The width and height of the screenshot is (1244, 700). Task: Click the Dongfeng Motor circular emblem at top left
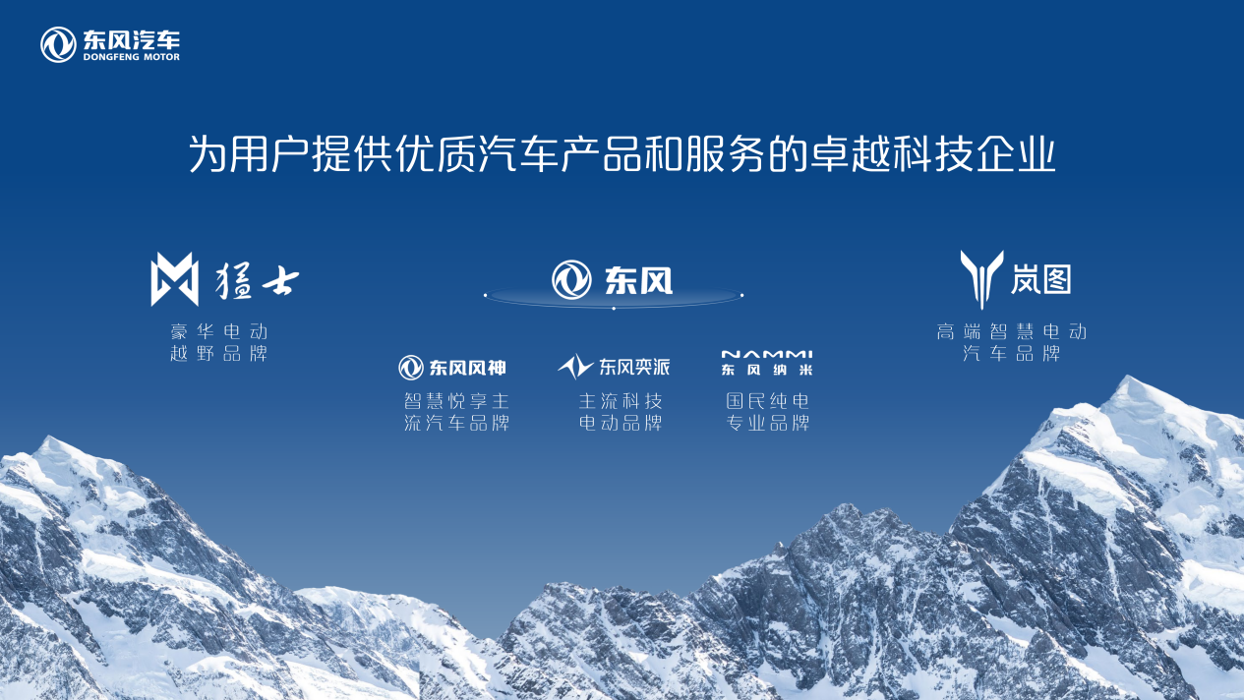click(58, 44)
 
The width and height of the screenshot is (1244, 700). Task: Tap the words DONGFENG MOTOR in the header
click(132, 57)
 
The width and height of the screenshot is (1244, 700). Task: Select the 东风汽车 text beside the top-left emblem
click(132, 39)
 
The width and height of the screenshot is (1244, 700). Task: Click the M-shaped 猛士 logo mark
click(175, 278)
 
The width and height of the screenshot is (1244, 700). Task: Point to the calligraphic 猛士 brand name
click(257, 280)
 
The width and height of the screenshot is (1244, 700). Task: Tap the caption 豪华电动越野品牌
click(219, 342)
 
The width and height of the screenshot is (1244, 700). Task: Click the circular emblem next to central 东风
click(571, 280)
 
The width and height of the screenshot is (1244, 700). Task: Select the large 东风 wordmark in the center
click(638, 280)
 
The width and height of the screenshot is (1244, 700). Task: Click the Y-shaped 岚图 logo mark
click(981, 279)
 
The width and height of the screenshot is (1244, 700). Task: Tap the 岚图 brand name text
click(1040, 278)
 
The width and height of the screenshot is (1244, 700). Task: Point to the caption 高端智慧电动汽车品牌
click(1011, 342)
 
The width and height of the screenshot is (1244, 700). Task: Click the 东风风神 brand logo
click(452, 368)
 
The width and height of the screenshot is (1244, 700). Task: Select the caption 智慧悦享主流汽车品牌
click(456, 412)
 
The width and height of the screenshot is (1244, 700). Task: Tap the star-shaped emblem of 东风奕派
click(575, 367)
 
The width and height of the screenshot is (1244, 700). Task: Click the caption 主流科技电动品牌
click(621, 412)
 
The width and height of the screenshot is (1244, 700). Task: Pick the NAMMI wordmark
click(767, 354)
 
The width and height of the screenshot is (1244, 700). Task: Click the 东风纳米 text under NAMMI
click(767, 370)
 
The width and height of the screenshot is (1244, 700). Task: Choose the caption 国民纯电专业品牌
click(767, 412)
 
